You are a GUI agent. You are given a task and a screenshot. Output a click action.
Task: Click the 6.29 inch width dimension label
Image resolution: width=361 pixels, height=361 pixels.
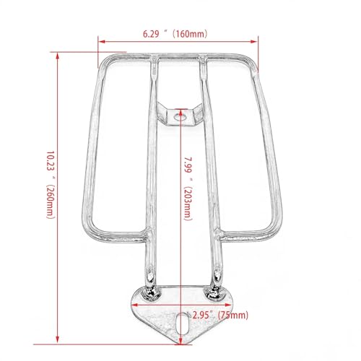175,34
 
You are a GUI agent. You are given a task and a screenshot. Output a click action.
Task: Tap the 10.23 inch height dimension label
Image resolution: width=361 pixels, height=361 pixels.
51,185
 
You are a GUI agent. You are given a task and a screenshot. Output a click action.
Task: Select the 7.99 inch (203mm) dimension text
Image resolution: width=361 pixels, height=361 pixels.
188,188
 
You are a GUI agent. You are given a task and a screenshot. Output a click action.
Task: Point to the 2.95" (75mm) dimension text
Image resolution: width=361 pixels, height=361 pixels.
220,315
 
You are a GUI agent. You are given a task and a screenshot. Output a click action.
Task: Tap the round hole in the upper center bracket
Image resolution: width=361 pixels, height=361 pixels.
180,117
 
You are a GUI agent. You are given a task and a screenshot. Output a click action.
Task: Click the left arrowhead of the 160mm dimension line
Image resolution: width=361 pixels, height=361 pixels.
102,42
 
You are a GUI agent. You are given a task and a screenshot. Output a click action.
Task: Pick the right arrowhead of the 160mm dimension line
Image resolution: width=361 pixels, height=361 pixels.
254,42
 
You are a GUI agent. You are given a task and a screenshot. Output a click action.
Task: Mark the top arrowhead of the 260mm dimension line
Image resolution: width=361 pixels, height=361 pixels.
57,56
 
